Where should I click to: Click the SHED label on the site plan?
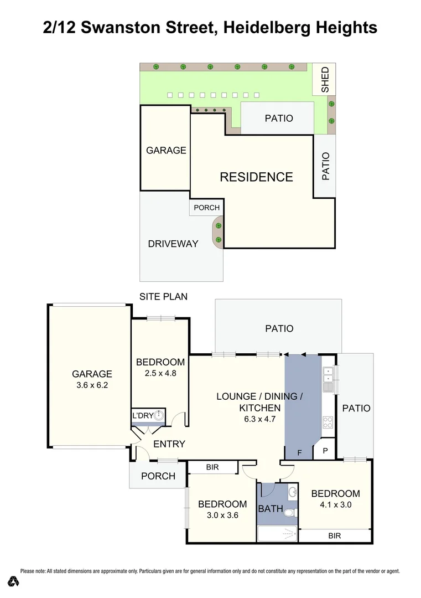pyautogui.click(x=325, y=79)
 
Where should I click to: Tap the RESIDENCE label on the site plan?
pyautogui.click(x=256, y=177)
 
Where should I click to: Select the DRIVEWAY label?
pyautogui.click(x=173, y=244)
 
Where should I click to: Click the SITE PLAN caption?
pyautogui.click(x=163, y=297)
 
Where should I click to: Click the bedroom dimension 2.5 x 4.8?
pyautogui.click(x=160, y=373)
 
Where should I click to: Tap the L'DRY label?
pyautogui.click(x=142, y=416)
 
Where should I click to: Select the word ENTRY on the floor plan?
pyautogui.click(x=169, y=444)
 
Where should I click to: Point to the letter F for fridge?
pyautogui.click(x=299, y=453)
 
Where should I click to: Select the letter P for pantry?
pyautogui.click(x=325, y=451)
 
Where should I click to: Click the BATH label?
pyautogui.click(x=271, y=508)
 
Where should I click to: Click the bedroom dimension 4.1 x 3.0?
pyautogui.click(x=335, y=504)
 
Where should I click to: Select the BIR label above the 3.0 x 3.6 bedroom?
pyautogui.click(x=212, y=467)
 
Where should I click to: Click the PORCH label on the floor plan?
pyautogui.click(x=158, y=476)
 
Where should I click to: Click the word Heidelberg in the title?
pyautogui.click(x=271, y=27)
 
